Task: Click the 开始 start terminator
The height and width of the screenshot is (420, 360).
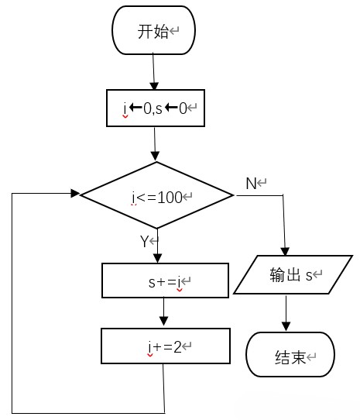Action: pos(153,30)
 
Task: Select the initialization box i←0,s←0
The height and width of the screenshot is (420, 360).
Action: pos(156,108)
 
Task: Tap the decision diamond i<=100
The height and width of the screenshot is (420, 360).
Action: pos(157,195)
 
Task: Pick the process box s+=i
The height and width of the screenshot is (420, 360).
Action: pos(165,281)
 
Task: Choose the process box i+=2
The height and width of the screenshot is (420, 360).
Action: pos(166,346)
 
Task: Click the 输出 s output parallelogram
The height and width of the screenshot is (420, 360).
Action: pos(293,274)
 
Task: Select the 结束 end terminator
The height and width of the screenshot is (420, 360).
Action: pos(290,354)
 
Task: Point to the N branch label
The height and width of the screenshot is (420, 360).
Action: pos(251,184)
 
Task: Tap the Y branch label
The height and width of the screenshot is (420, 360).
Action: pos(144,241)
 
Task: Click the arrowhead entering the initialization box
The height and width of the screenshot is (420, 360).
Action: pos(154,86)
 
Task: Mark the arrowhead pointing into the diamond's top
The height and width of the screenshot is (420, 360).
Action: pos(156,157)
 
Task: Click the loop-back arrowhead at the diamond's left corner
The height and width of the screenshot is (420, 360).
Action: pos(75,193)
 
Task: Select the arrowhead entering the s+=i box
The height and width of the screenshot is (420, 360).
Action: pos(158,259)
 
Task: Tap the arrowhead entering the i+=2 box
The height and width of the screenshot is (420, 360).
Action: pos(163,321)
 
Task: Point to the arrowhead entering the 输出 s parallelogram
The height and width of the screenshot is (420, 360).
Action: pos(285,252)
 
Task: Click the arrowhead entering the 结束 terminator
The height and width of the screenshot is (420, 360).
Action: pos(286,326)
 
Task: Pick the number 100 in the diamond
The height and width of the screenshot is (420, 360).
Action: pos(170,198)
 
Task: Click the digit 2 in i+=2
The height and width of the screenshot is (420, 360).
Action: pos(177,347)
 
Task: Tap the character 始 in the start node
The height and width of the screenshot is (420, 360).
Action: pos(161,31)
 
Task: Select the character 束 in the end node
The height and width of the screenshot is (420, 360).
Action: pos(298,357)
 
